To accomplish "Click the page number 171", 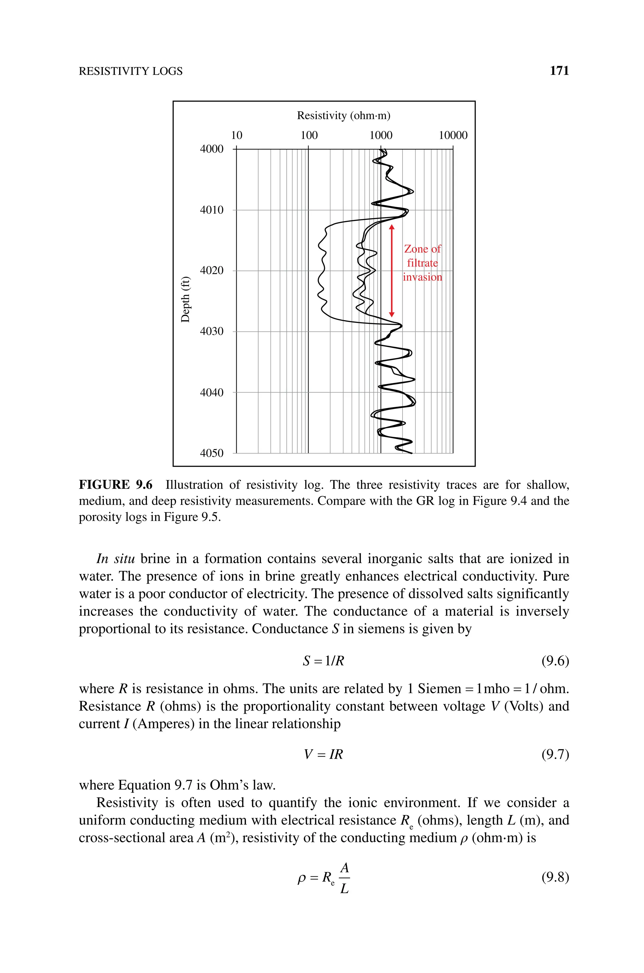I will (559, 71).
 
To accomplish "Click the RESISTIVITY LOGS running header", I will (130, 71).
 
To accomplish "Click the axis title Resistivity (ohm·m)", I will (343, 115).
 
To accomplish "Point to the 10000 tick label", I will (453, 135).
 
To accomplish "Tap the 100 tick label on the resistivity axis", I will (309, 135).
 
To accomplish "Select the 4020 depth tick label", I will (212, 270).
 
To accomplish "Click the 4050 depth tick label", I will (212, 453).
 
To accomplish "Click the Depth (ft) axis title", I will (186, 300).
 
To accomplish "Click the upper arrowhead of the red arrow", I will (392, 227).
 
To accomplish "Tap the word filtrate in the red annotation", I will (422, 263).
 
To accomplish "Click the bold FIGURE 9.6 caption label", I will (115, 485).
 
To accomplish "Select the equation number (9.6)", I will (555, 661).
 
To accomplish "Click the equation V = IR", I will (323, 754).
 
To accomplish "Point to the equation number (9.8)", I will (555, 878).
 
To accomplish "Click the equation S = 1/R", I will (323, 661).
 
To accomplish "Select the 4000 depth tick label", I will (212, 149).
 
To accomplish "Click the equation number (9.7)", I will (555, 754).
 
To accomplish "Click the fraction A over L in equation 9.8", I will (344, 878).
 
